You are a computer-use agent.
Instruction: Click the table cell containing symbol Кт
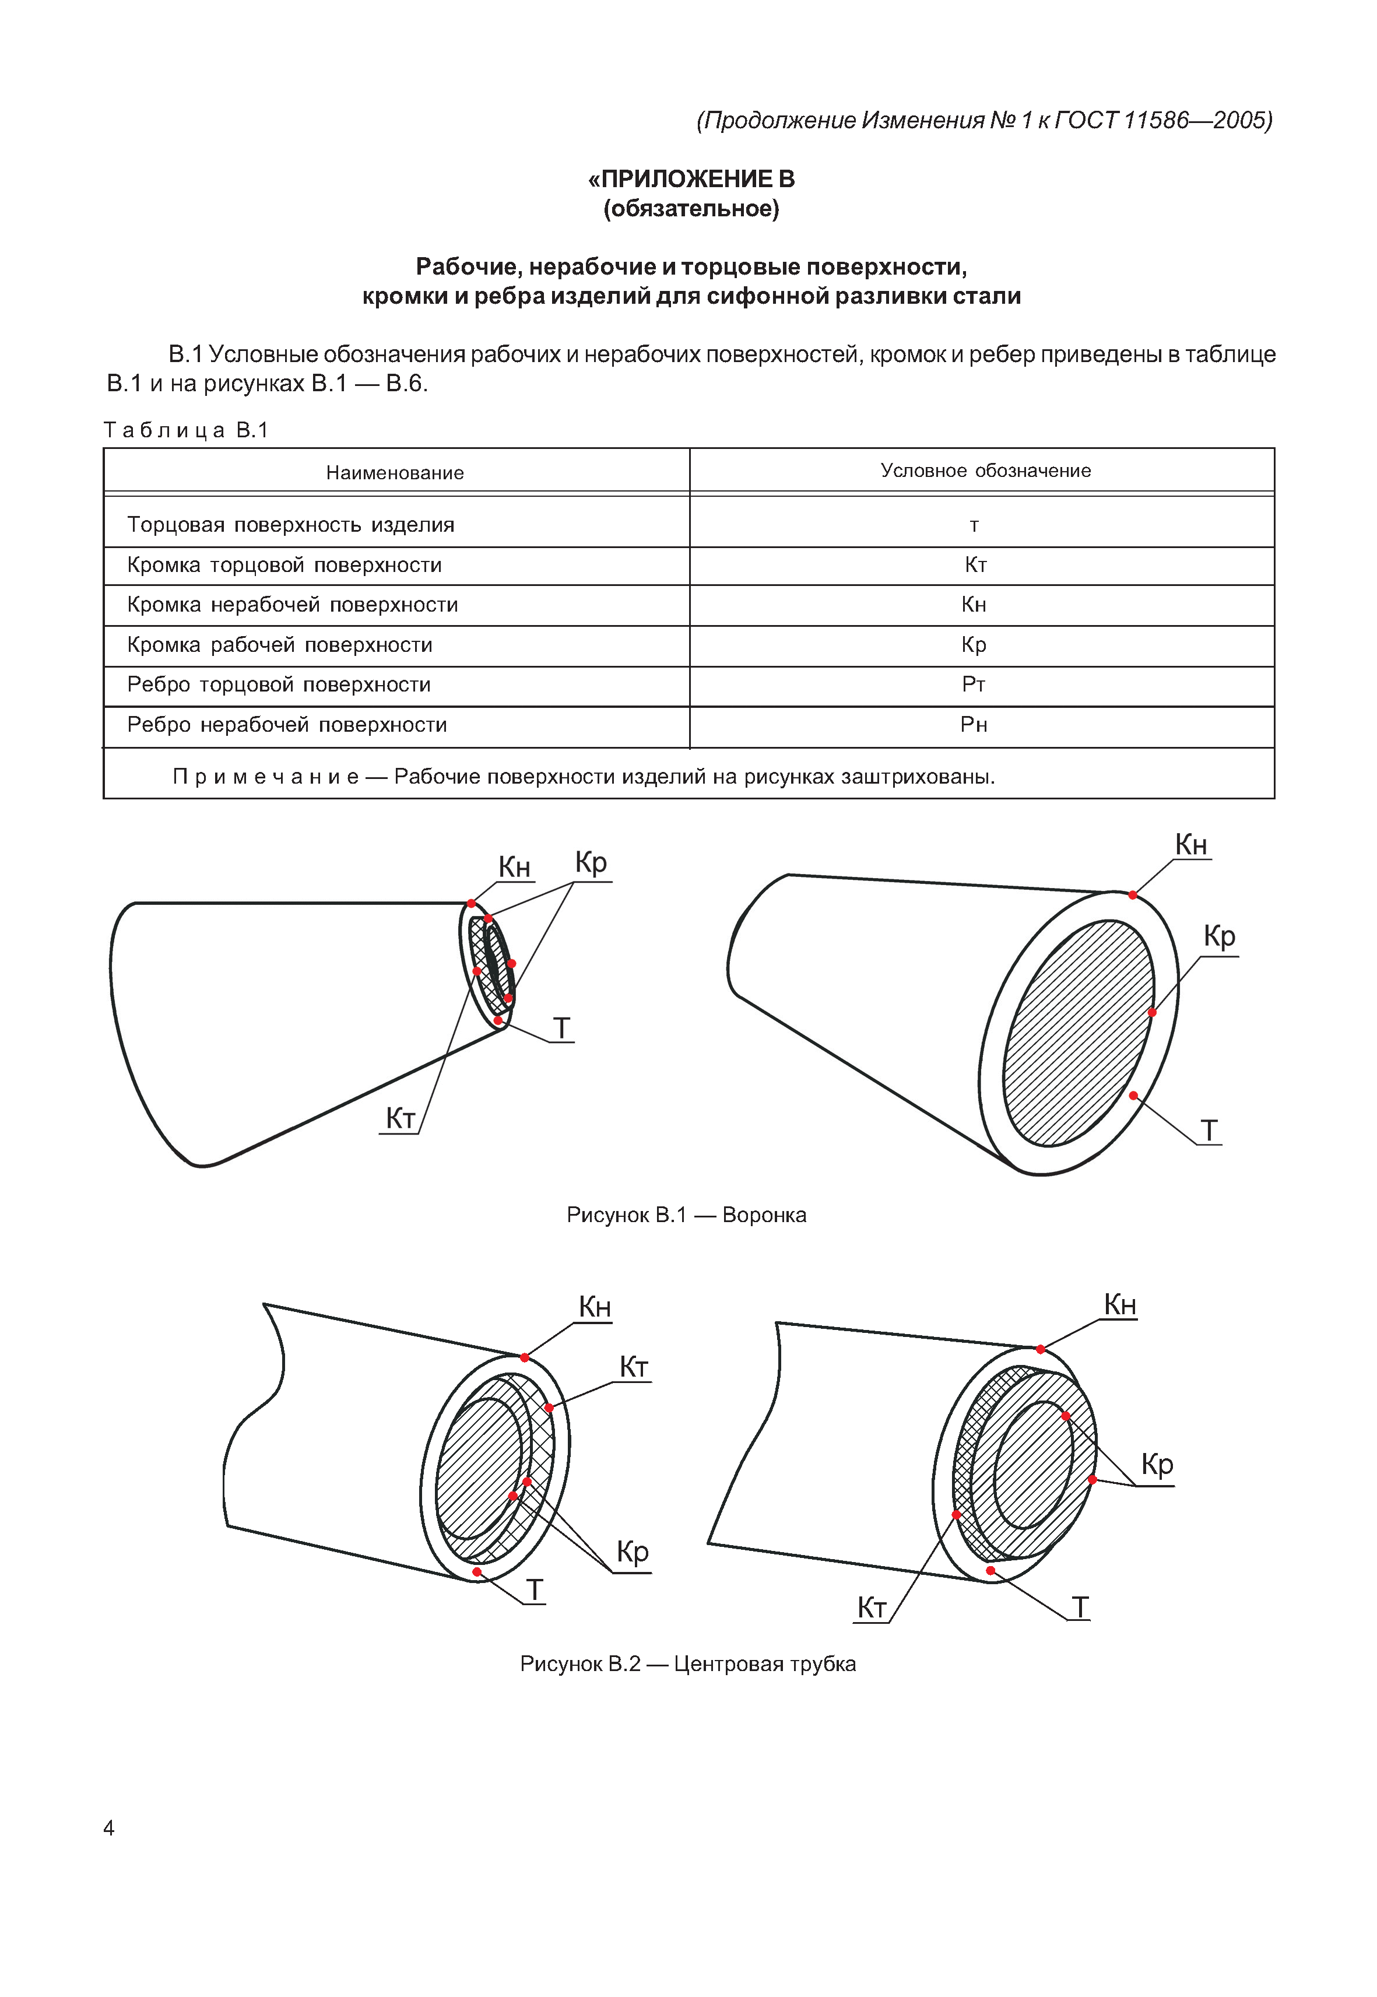pyautogui.click(x=975, y=565)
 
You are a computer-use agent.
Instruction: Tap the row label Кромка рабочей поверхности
pyautogui.click(x=280, y=645)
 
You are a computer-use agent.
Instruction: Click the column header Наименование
pyautogui.click(x=395, y=473)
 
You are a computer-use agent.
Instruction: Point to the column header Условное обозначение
pyautogui.click(x=985, y=471)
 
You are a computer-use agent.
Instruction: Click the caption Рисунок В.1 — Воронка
pyautogui.click(x=686, y=1215)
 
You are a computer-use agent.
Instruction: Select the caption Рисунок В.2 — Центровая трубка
pyautogui.click(x=688, y=1664)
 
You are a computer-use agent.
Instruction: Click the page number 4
pyautogui.click(x=108, y=1828)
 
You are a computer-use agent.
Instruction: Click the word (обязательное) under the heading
pyautogui.click(x=691, y=209)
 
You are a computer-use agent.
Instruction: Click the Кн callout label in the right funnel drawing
pyautogui.click(x=1190, y=845)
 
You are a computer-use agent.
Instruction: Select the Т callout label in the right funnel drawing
pyautogui.click(x=1210, y=1131)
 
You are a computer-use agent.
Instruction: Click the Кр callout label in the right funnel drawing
pyautogui.click(x=1219, y=936)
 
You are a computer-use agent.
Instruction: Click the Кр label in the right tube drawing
pyautogui.click(x=1157, y=1465)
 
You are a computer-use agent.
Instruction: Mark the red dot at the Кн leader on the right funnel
pyautogui.click(x=1133, y=895)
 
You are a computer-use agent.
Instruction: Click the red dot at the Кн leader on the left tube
pyautogui.click(x=525, y=1357)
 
